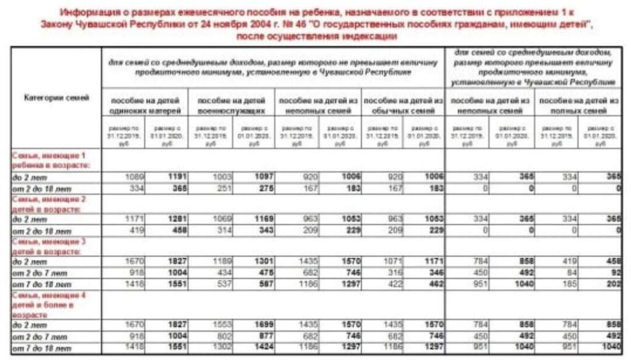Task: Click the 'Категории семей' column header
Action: click(x=57, y=97)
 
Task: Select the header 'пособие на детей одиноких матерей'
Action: click(x=145, y=105)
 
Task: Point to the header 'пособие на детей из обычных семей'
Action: click(x=404, y=105)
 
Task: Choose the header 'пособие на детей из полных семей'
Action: click(x=577, y=105)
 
